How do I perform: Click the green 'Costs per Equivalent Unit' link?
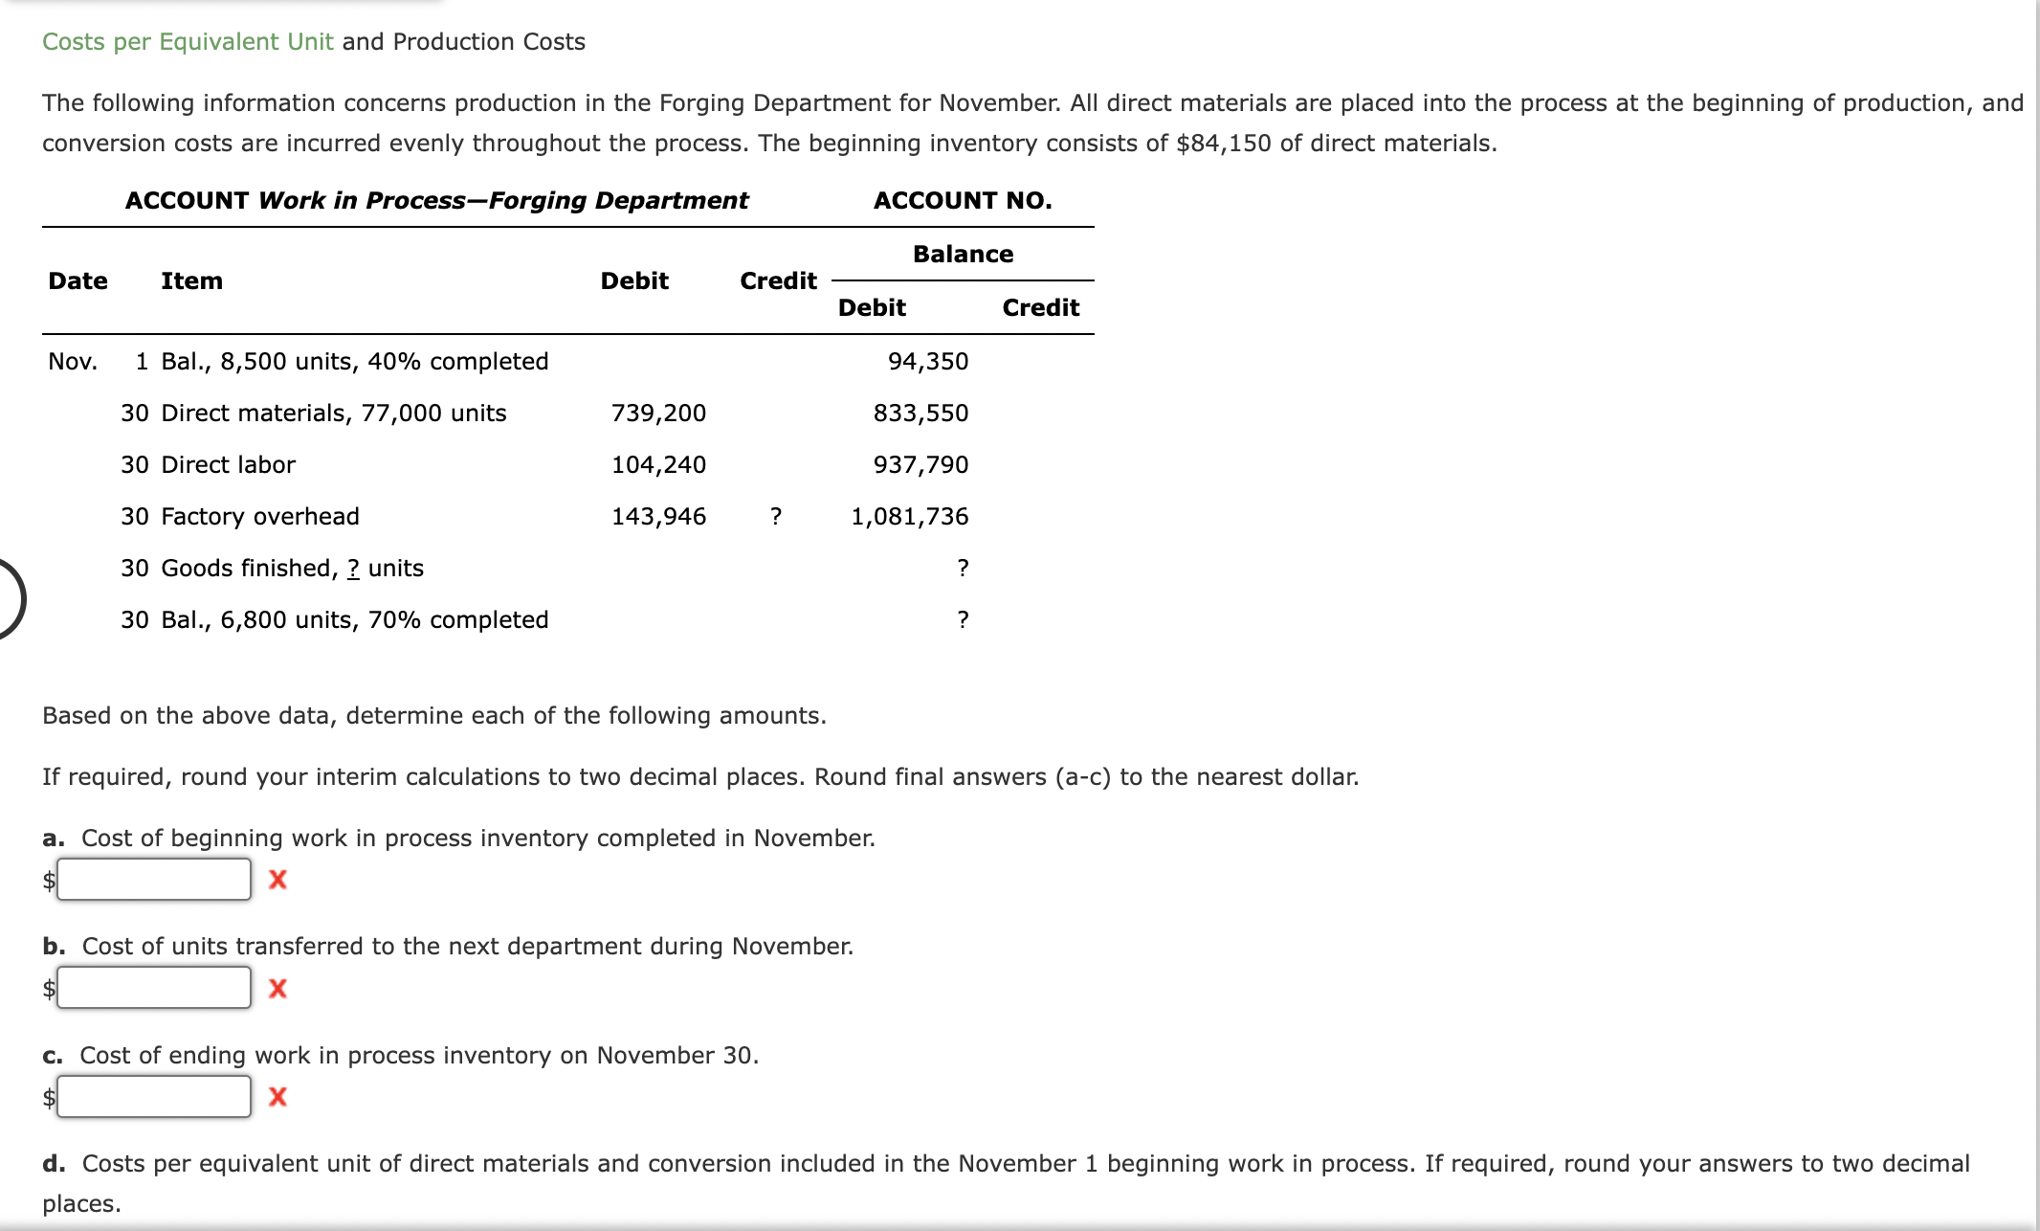tap(188, 42)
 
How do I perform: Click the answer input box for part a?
tap(154, 879)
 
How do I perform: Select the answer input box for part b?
tap(154, 988)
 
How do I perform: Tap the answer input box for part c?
tap(154, 1096)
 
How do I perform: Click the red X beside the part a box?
tap(277, 880)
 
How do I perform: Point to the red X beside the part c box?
tap(277, 1097)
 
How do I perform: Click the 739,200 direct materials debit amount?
tap(658, 414)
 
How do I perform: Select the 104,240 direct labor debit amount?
tap(658, 465)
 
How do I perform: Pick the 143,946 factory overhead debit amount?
tap(658, 517)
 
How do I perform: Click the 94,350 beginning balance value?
tap(927, 362)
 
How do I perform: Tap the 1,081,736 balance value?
tap(909, 517)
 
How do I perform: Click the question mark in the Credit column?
tap(776, 517)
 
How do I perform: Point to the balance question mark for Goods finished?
tap(963, 569)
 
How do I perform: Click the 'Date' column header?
tap(78, 281)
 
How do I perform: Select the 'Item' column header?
tap(191, 281)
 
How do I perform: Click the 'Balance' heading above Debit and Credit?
tap(963, 255)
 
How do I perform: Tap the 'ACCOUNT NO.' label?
tap(963, 201)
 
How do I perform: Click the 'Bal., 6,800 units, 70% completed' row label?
tap(354, 620)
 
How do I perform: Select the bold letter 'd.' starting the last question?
tap(54, 1164)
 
